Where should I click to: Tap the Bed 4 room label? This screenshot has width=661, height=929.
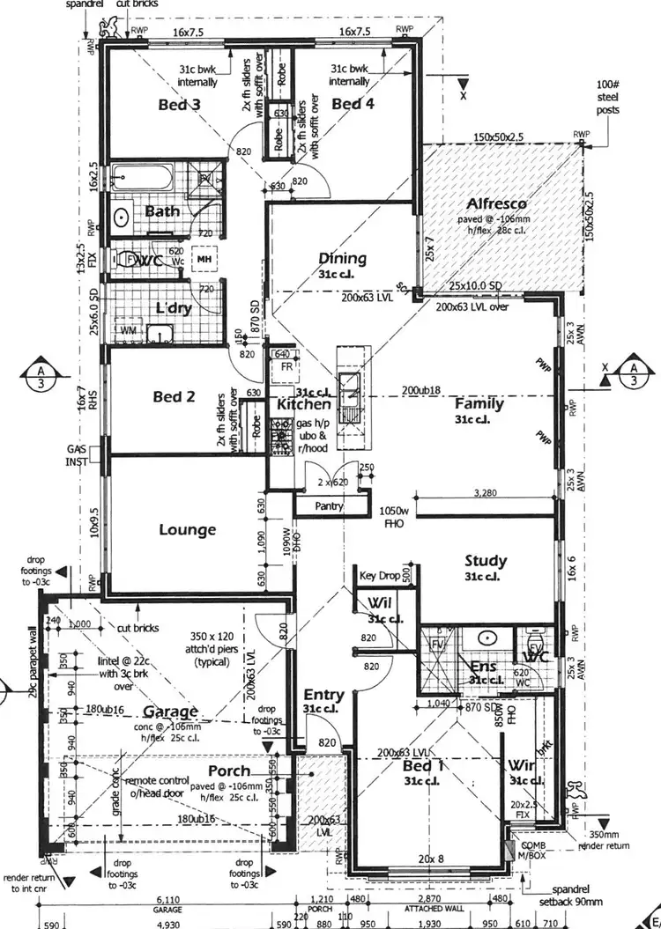tap(353, 105)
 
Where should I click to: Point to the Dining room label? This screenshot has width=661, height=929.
tap(342, 258)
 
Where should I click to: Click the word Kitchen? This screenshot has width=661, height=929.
tap(304, 405)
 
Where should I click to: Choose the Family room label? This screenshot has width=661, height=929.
tap(479, 403)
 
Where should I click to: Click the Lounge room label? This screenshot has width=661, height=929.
tap(187, 530)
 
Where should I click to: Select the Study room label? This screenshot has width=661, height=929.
tap(486, 560)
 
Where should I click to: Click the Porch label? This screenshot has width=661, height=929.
tap(229, 770)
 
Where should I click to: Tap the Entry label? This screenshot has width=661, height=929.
tap(322, 695)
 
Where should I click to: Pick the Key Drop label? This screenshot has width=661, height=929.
tap(380, 575)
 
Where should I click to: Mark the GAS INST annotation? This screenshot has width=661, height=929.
tap(77, 454)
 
